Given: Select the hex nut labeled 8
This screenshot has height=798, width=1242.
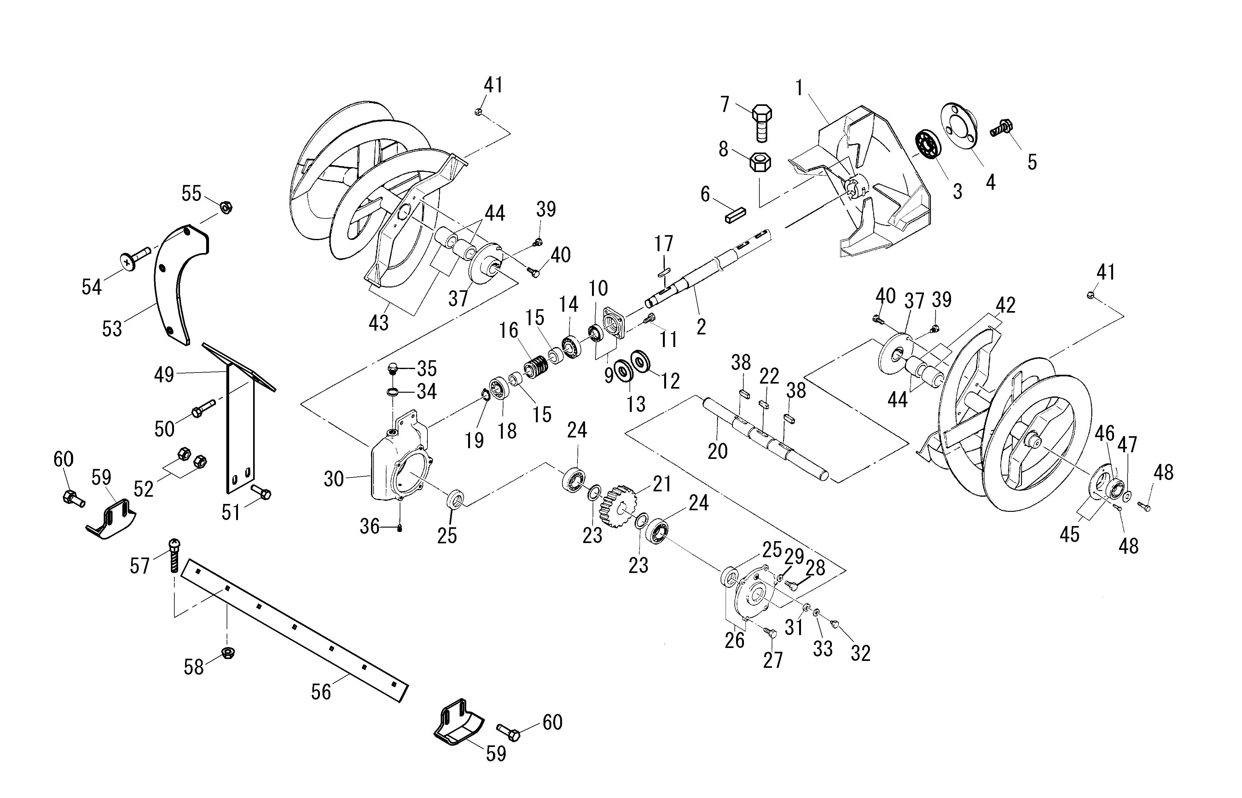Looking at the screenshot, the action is point(760,162).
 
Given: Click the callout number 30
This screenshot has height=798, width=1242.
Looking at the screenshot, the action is point(334,479).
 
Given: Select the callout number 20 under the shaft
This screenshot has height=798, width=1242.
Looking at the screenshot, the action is point(718,451).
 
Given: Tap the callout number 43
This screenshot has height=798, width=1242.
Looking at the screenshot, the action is point(378,323).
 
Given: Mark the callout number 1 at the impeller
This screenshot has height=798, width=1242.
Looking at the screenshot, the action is point(799,88).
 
